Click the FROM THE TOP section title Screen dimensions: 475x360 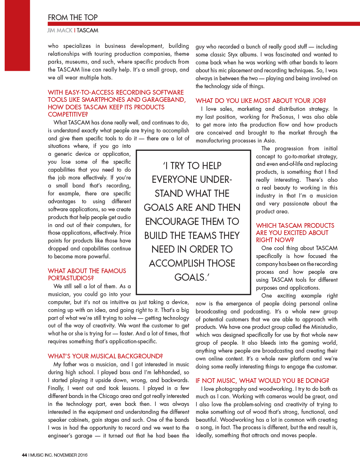[x=73, y=17]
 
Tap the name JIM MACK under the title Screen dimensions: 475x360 [x=60, y=31]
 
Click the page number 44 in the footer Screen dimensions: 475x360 [x=24, y=455]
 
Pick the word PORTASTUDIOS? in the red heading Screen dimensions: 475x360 [x=71, y=278]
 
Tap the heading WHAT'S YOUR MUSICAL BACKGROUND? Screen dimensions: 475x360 [x=105, y=356]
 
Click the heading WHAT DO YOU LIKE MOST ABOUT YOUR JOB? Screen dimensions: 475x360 [x=261, y=101]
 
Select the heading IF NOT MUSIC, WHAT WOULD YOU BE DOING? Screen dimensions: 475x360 [x=263, y=381]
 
